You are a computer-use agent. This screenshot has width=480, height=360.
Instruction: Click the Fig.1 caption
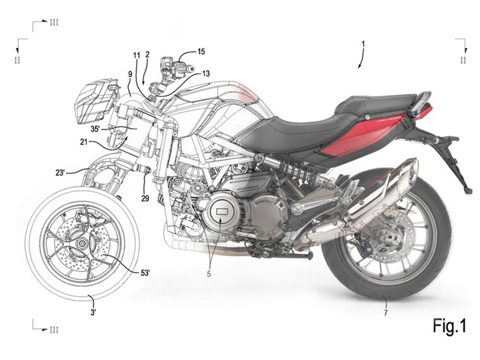pyautogui.click(x=449, y=326)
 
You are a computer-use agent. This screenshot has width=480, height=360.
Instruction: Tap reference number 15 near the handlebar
pyautogui.click(x=201, y=52)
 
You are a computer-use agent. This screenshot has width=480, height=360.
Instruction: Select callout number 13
pyautogui.click(x=206, y=73)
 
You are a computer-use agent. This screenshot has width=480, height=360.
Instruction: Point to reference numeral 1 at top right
pyautogui.click(x=363, y=44)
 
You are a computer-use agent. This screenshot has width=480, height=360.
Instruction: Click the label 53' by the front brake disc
pyautogui.click(x=145, y=273)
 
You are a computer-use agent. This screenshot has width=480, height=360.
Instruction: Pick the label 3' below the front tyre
pyautogui.click(x=94, y=313)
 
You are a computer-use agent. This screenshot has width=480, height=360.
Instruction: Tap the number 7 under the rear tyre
pyautogui.click(x=386, y=313)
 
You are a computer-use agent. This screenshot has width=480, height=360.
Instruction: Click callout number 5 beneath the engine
pyautogui.click(x=209, y=274)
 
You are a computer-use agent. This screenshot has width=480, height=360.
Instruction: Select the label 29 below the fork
pyautogui.click(x=145, y=198)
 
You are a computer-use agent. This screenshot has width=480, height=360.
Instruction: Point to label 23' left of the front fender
pyautogui.click(x=60, y=173)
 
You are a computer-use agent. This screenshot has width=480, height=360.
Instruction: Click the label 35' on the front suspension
pyautogui.click(x=95, y=129)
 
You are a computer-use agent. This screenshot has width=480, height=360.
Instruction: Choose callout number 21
pyautogui.click(x=84, y=142)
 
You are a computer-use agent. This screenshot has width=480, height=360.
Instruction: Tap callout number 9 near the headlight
pyautogui.click(x=130, y=74)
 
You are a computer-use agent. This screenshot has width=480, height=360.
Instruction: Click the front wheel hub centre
pyautogui.click(x=82, y=244)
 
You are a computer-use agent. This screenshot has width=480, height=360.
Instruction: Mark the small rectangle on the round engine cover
pyautogui.click(x=221, y=211)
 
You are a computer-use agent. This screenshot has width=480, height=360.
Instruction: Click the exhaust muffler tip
pyautogui.click(x=410, y=170)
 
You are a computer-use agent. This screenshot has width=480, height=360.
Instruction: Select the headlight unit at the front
pyautogui.click(x=95, y=101)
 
